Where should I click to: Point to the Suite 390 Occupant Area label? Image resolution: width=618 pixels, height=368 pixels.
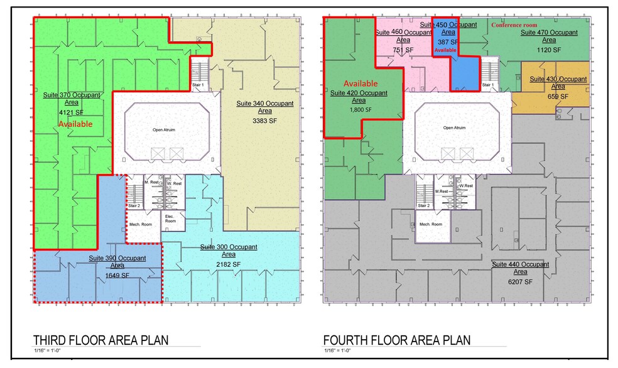coord(117,262)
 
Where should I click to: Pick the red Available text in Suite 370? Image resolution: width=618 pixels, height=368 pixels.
coord(75,124)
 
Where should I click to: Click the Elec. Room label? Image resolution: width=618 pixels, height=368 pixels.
coord(170,219)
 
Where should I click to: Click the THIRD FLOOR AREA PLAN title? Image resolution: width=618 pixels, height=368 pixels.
coord(100,340)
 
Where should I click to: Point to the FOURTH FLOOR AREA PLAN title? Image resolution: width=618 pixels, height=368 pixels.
coord(398,340)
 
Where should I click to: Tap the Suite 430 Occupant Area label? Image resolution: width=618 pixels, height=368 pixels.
coord(558,84)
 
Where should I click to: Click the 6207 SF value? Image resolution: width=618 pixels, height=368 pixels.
coord(520,282)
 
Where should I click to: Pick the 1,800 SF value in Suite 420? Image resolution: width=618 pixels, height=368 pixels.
coord(357,109)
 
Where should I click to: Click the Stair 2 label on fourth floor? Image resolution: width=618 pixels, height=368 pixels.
coord(424,205)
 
